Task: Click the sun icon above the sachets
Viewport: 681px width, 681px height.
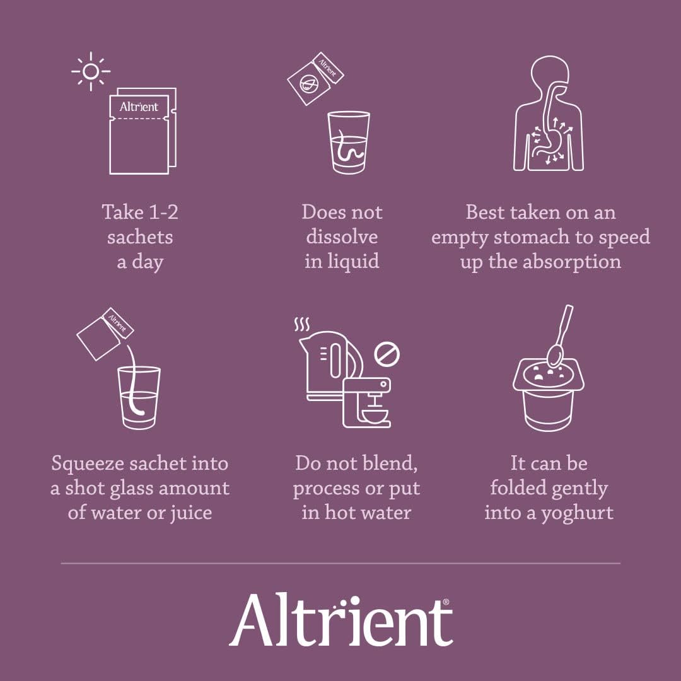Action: pos(90,71)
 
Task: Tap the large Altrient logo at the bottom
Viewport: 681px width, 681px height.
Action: pos(340,619)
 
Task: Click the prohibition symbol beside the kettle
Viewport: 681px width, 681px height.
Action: pos(387,354)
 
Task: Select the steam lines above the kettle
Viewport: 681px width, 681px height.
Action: pos(302,325)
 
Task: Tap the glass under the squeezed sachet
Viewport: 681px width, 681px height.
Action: pos(139,397)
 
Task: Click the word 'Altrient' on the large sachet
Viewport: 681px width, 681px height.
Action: pos(139,107)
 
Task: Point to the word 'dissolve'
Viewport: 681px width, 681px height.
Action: pos(342,237)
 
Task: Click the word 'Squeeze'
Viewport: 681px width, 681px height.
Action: pos(88,463)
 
